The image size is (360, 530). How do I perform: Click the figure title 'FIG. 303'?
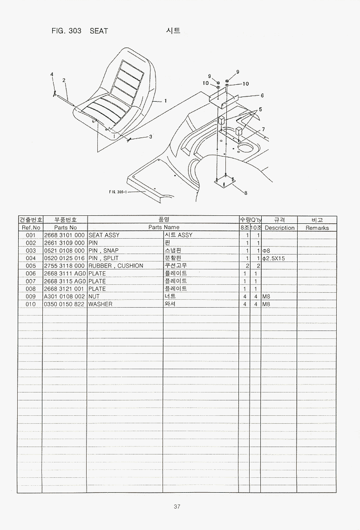click(67, 31)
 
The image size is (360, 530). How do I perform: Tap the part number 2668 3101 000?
click(64, 235)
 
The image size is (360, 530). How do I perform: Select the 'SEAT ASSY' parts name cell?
click(104, 235)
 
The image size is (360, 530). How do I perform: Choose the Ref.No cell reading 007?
click(30, 281)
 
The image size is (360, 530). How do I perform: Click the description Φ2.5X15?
click(273, 258)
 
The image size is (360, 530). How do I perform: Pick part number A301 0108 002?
click(64, 296)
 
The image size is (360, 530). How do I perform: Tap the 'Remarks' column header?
click(317, 228)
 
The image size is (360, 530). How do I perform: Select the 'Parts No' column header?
click(66, 228)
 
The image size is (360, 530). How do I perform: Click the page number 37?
click(177, 506)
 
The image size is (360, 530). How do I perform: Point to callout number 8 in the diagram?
click(245, 193)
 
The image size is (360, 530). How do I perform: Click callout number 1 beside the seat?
click(165, 101)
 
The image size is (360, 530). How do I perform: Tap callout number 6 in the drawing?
click(262, 96)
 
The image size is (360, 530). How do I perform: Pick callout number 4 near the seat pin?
click(52, 75)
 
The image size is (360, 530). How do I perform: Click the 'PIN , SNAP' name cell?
click(103, 250)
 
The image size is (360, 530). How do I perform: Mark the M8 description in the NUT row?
click(266, 296)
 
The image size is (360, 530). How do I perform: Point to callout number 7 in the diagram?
click(264, 129)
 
